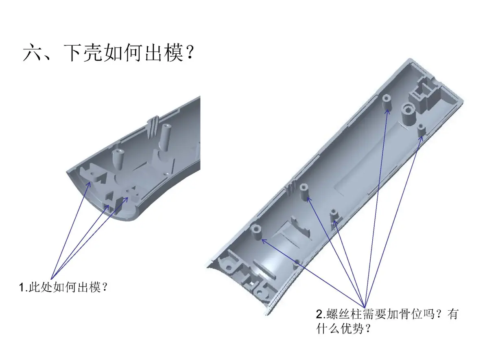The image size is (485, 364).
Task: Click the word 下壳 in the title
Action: tap(83, 52)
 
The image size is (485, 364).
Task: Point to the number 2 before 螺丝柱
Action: tap(319, 314)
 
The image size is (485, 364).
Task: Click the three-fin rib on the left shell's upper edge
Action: tap(153, 127)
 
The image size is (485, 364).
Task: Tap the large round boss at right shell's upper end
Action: tap(408, 114)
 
